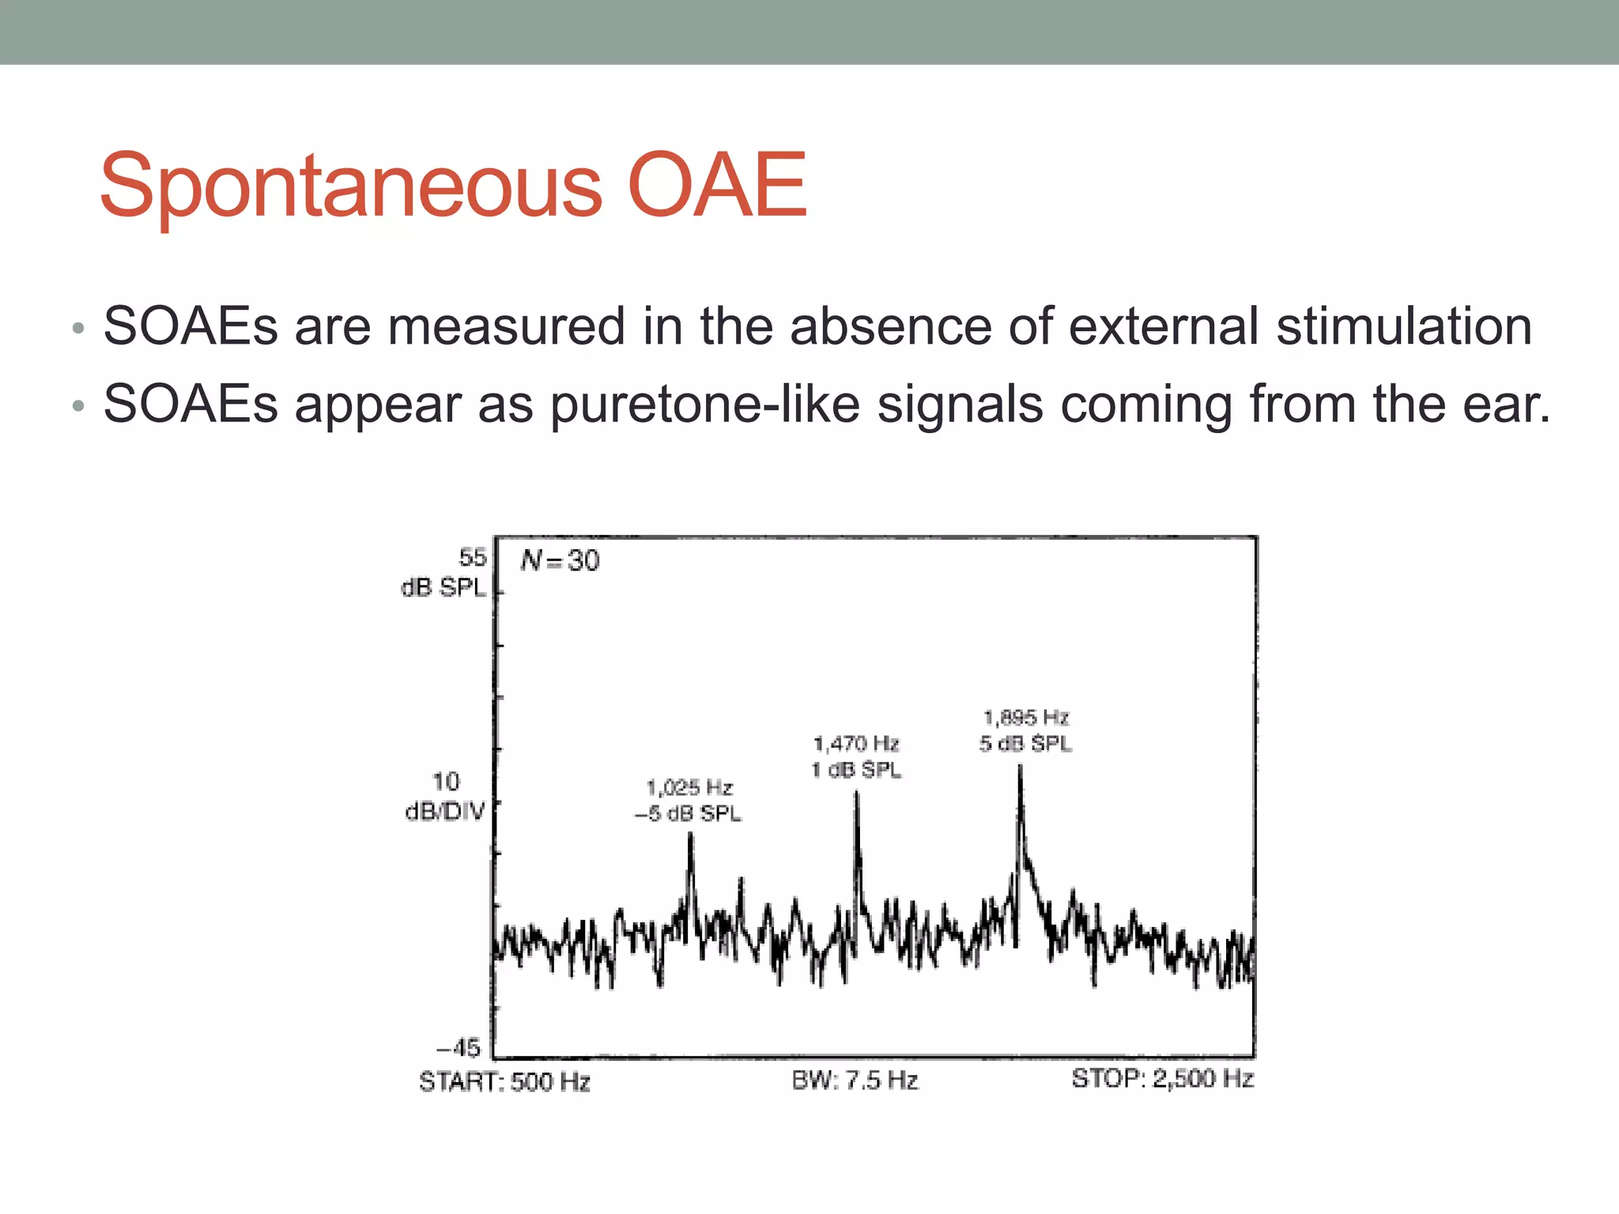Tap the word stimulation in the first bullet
coord(1404,326)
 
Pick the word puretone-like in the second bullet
coord(704,405)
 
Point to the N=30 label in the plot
coord(560,560)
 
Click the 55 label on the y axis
coord(472,557)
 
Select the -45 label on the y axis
coord(459,1048)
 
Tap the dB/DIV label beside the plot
coord(444,812)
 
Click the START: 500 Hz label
coord(504,1081)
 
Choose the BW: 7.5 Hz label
coord(855,1080)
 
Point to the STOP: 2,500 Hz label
coord(1162,1079)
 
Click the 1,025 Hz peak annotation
coord(689,787)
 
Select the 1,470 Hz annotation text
coord(856,744)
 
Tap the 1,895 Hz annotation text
coord(1026,718)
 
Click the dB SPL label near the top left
coord(443,588)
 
